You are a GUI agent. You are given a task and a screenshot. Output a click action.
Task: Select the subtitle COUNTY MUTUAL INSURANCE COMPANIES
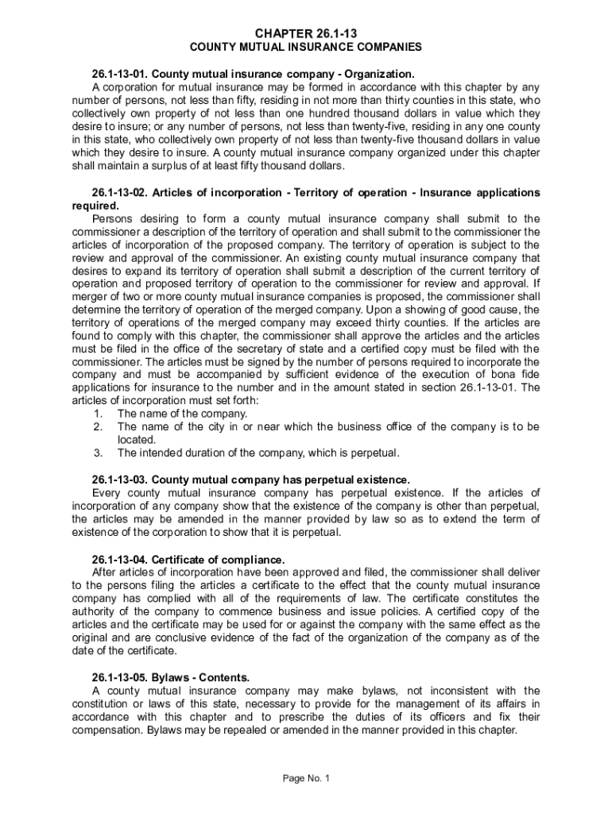pyautogui.click(x=306, y=47)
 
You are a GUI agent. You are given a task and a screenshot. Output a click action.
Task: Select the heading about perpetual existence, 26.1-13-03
pyautogui.click(x=251, y=480)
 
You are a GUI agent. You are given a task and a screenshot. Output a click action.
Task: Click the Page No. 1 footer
pyautogui.click(x=306, y=778)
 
